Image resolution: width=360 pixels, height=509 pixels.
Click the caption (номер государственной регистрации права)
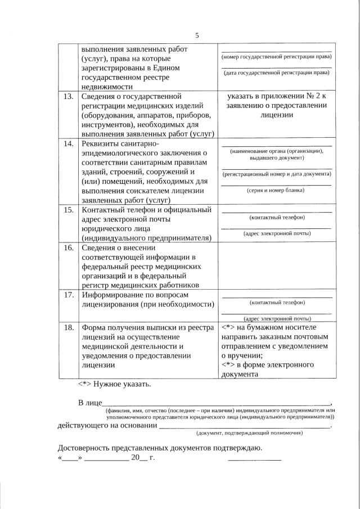click(x=276, y=58)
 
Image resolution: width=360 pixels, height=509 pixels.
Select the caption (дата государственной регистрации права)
click(x=276, y=73)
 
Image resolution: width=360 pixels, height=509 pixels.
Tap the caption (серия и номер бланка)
click(x=276, y=190)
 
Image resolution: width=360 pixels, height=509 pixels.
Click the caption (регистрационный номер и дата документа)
click(x=276, y=174)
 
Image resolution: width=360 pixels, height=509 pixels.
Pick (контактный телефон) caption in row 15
click(x=276, y=217)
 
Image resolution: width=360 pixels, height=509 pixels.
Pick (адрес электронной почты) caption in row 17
click(x=276, y=318)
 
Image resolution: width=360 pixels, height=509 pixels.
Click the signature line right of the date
click(x=254, y=460)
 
